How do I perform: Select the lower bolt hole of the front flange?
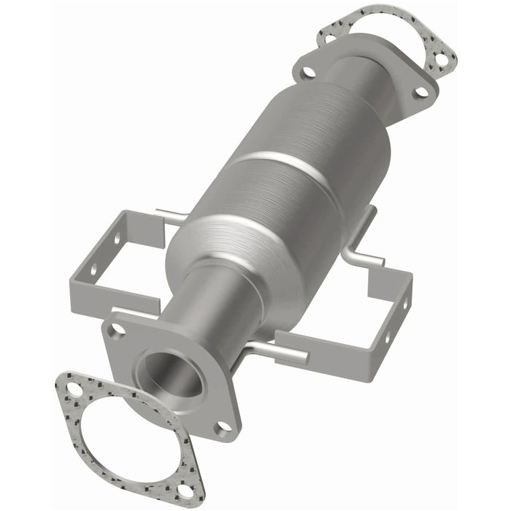(x=223, y=425)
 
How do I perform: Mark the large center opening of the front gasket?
(x=124, y=438)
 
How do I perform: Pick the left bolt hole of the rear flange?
(x=308, y=72)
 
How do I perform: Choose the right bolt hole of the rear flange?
(x=420, y=92)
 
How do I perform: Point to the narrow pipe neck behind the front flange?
(x=219, y=307)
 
